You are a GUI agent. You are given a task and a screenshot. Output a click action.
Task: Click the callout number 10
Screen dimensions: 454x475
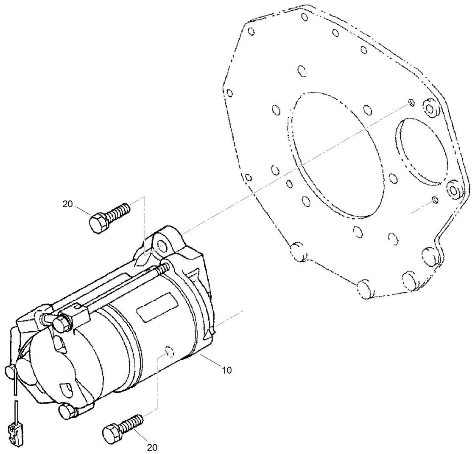click(226, 370)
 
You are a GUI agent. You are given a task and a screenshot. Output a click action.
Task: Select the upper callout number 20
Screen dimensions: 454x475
click(67, 204)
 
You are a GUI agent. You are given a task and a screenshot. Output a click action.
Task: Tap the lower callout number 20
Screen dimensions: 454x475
click(152, 447)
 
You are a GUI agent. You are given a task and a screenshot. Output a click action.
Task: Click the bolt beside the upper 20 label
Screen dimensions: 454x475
click(108, 217)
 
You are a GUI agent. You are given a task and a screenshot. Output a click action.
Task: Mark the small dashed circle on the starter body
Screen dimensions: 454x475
click(169, 351)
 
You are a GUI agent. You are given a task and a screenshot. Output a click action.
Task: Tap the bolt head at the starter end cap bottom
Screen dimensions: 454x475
click(68, 411)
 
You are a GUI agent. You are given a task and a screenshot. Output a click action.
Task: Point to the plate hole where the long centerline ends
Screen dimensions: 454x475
click(411, 103)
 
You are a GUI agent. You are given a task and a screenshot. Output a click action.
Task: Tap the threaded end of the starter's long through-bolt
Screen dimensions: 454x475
click(163, 268)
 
